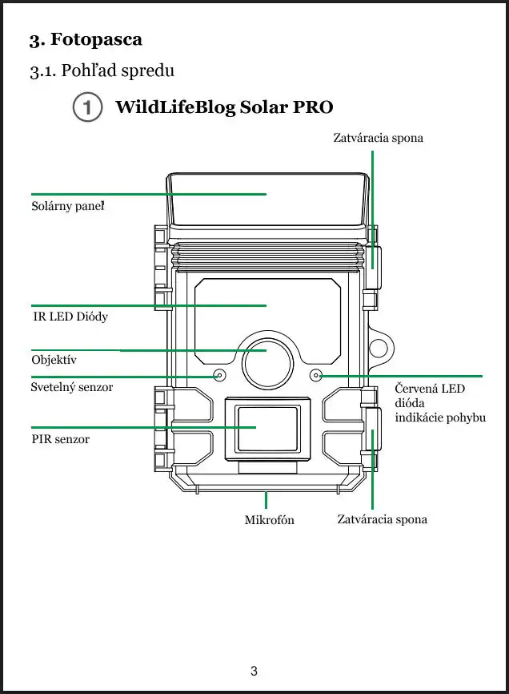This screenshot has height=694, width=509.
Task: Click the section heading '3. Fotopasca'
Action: (86, 39)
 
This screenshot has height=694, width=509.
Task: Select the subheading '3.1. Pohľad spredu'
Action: (102, 71)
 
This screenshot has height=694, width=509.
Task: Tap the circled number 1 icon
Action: (87, 107)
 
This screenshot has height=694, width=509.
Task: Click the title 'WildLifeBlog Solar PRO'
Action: (224, 107)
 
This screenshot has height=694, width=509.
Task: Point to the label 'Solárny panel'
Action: (68, 207)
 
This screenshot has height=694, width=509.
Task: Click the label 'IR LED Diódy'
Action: (69, 317)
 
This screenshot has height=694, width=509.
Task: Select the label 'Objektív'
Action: (54, 360)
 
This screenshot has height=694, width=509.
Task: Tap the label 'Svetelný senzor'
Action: (71, 387)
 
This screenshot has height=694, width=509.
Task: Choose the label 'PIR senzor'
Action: (60, 439)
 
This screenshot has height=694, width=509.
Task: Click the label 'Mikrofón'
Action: (269, 520)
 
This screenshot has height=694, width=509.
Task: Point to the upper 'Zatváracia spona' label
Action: (378, 138)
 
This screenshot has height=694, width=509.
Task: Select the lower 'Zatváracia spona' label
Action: (382, 519)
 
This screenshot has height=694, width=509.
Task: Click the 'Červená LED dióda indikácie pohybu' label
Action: (439, 403)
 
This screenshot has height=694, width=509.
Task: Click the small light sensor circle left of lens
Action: (219, 375)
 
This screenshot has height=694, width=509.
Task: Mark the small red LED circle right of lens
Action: (316, 375)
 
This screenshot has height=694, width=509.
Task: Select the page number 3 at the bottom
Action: (254, 672)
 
